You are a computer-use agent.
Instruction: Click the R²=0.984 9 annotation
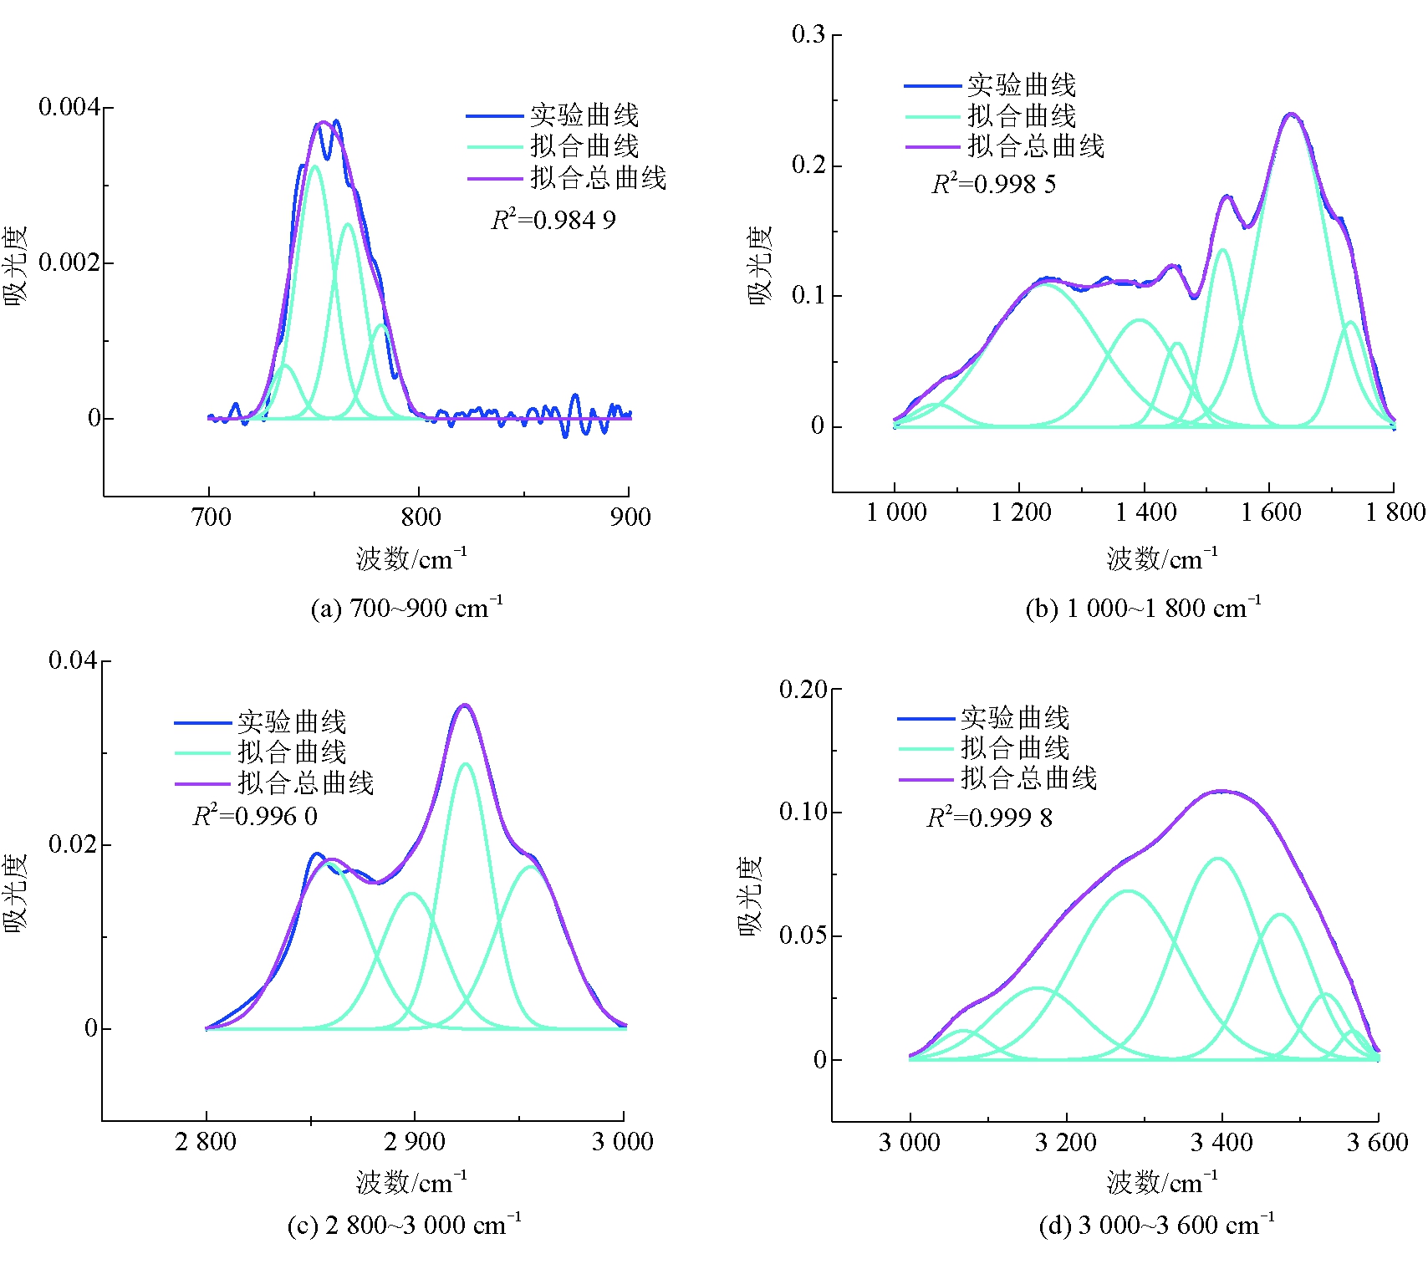[x=553, y=220]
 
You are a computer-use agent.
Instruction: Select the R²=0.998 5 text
[x=993, y=184]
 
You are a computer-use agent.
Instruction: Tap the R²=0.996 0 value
[x=255, y=816]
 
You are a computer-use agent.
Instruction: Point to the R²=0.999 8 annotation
[x=989, y=818]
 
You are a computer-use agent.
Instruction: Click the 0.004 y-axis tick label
[x=69, y=107]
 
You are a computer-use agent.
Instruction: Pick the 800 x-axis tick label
[x=421, y=517]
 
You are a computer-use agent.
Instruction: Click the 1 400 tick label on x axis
[x=1145, y=512]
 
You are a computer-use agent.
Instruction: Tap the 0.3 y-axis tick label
[x=808, y=34]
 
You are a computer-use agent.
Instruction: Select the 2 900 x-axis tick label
[x=415, y=1142]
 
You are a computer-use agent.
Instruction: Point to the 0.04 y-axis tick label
[x=73, y=660]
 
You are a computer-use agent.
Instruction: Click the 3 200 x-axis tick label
[x=1065, y=1143]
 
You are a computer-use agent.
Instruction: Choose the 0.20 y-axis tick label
[x=803, y=690]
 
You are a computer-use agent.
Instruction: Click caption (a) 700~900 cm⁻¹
[x=406, y=608]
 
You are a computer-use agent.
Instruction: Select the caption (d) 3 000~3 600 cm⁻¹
[x=1156, y=1226]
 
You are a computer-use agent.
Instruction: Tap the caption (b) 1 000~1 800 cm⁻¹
[x=1143, y=608]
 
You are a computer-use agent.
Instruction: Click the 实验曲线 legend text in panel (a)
[x=584, y=115]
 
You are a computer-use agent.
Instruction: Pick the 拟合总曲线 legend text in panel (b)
[x=1036, y=146]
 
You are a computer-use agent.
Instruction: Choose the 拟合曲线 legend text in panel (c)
[x=292, y=752]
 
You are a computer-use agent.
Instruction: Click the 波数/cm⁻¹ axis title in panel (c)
[x=411, y=1182]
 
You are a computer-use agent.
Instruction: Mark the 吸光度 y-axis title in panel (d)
[x=750, y=895]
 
